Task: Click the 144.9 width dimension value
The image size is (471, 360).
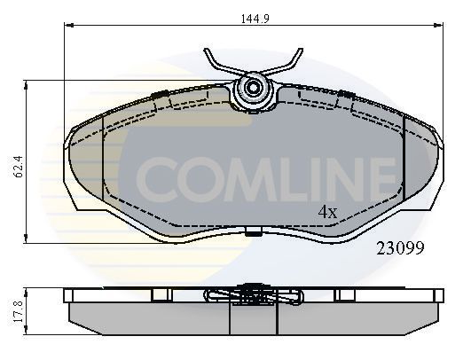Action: pos(253,16)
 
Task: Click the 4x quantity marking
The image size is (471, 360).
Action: pos(327,213)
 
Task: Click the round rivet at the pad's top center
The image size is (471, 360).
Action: pos(253,89)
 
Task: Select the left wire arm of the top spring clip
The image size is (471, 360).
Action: pos(218,64)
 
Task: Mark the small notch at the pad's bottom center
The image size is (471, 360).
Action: pos(253,233)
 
